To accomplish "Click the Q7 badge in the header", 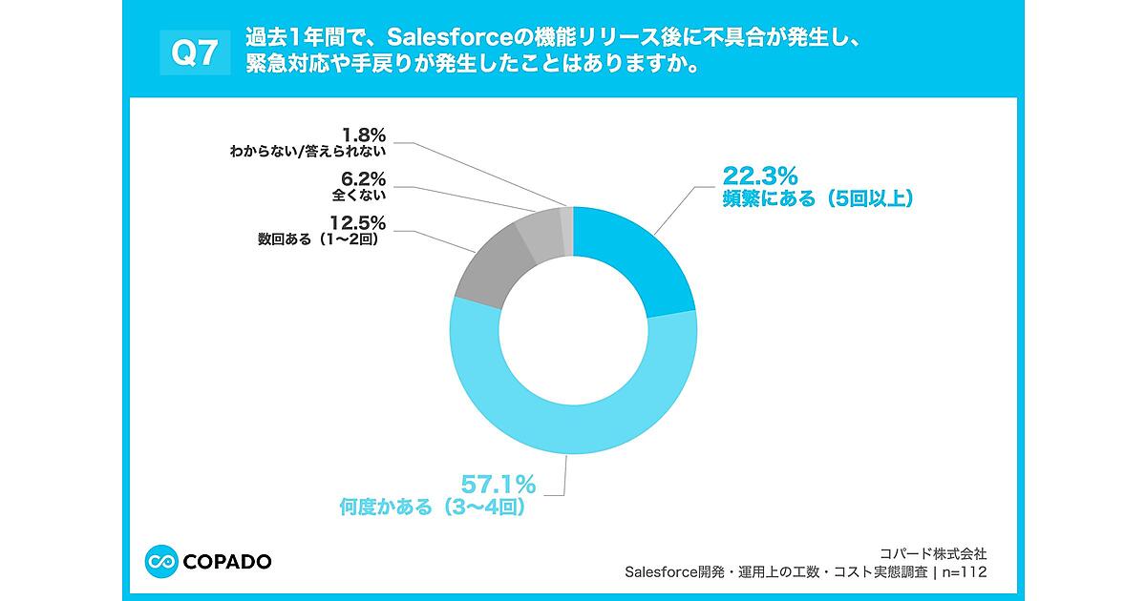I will pyautogui.click(x=194, y=54).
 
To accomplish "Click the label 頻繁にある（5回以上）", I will pyautogui.click(x=817, y=199).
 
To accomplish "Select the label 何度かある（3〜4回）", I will pyautogui.click(x=433, y=508).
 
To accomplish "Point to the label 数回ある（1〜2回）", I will pyautogui.click(x=319, y=240).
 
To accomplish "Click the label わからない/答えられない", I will pyautogui.click(x=307, y=151).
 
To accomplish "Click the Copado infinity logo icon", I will pyautogui.click(x=162, y=561).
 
